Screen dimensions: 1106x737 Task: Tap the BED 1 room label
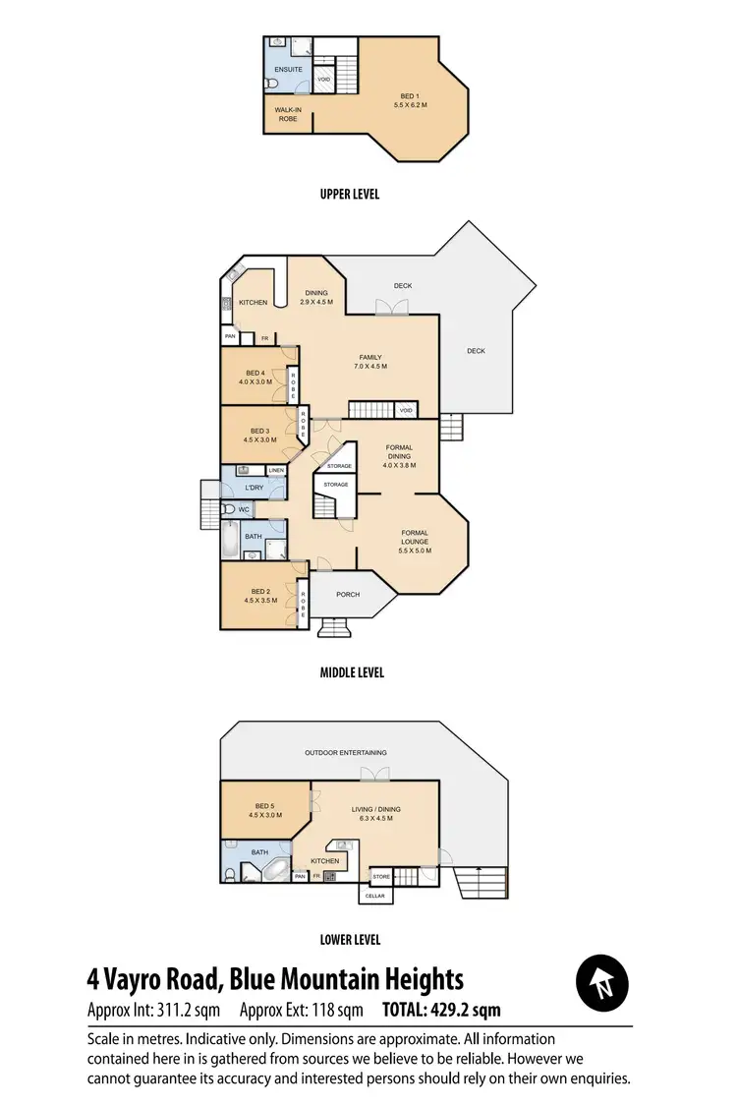pos(410,99)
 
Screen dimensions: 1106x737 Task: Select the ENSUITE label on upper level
pos(288,69)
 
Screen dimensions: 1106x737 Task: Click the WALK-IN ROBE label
pos(287,114)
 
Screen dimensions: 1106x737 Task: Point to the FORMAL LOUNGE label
pos(414,537)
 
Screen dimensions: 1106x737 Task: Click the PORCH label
pos(348,594)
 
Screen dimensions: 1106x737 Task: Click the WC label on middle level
pos(244,509)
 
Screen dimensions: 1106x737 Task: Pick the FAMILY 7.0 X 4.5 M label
pos(369,362)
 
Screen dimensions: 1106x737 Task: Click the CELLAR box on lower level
pos(375,895)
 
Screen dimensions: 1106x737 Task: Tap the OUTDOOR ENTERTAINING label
pos(345,753)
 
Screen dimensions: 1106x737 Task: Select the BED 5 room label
pos(264,810)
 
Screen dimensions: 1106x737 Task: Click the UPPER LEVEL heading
pos(349,195)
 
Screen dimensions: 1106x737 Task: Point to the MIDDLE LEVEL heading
pos(351,673)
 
